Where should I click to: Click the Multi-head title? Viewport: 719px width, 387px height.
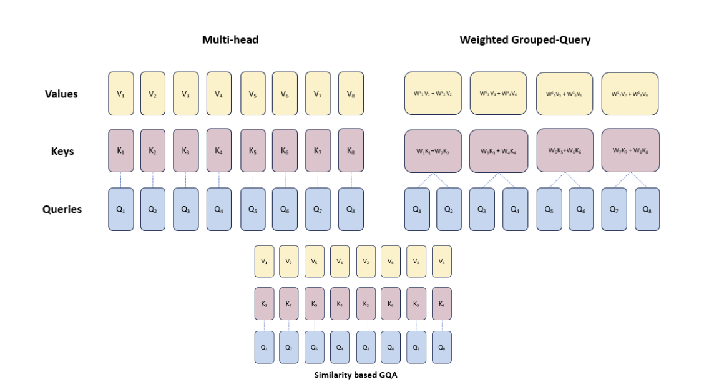pos(230,40)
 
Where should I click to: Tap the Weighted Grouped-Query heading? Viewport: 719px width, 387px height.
pos(525,40)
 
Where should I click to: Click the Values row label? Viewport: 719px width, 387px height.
pos(61,94)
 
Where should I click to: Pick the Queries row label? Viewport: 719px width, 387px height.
pos(62,209)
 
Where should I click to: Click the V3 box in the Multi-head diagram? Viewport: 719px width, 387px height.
pos(185,94)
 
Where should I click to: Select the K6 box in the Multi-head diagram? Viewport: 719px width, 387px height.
pos(285,150)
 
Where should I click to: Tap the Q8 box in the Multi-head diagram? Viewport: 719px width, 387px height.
pos(351,209)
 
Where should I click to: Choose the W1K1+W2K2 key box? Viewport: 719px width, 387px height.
pos(433,150)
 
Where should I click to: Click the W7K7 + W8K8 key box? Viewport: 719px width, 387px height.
pos(630,150)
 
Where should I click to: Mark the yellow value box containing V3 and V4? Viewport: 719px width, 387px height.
pos(499,94)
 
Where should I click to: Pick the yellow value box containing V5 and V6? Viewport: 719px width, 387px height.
pos(565,94)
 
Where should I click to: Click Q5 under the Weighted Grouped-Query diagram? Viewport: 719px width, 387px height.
pos(549,209)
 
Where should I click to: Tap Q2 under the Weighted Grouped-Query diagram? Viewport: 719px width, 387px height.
pos(449,209)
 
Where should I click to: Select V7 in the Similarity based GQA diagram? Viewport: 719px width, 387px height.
pos(289,262)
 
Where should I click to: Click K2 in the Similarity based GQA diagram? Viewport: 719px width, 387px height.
pos(365,304)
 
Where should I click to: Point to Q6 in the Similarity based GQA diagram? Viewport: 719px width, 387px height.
pos(391,347)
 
